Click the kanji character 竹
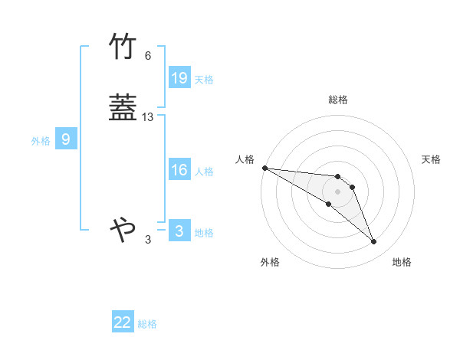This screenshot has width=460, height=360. pyautogui.click(x=123, y=47)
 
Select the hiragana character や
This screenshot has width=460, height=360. pyautogui.click(x=123, y=228)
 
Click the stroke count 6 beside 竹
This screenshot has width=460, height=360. pyautogui.click(x=148, y=56)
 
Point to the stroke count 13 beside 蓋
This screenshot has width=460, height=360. pyautogui.click(x=148, y=117)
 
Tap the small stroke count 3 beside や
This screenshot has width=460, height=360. pyautogui.click(x=148, y=240)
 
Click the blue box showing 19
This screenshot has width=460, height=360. pyautogui.click(x=179, y=78)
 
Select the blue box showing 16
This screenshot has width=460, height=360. pyautogui.click(x=179, y=170)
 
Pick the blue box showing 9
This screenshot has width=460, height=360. pyautogui.click(x=66, y=140)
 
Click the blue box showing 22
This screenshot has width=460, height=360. pyautogui.click(x=123, y=323)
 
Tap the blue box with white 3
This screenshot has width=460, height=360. pyautogui.click(x=179, y=231)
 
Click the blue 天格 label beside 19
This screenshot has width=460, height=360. pyautogui.click(x=204, y=80)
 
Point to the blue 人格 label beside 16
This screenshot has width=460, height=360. pyautogui.click(x=204, y=172)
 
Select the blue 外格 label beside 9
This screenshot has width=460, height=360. pyautogui.click(x=41, y=141)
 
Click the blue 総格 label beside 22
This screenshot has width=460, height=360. pyautogui.click(x=147, y=324)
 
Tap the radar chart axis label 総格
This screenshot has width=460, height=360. pyautogui.click(x=338, y=100)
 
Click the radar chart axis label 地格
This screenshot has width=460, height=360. pyautogui.click(x=402, y=263)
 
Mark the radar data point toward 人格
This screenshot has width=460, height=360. pyautogui.click(x=264, y=168)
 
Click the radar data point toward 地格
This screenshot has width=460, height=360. pyautogui.click(x=373, y=242)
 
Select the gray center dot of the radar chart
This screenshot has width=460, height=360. pyautogui.click(x=337, y=191)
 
